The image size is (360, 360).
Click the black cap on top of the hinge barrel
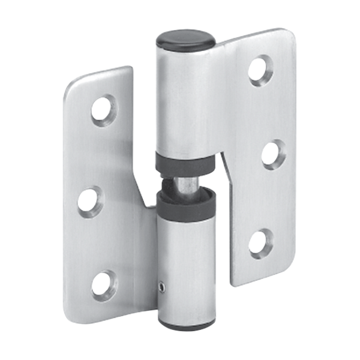tap(185, 42)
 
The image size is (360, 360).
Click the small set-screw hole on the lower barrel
tap(160, 289)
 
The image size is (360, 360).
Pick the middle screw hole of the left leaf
tap(89, 202)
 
